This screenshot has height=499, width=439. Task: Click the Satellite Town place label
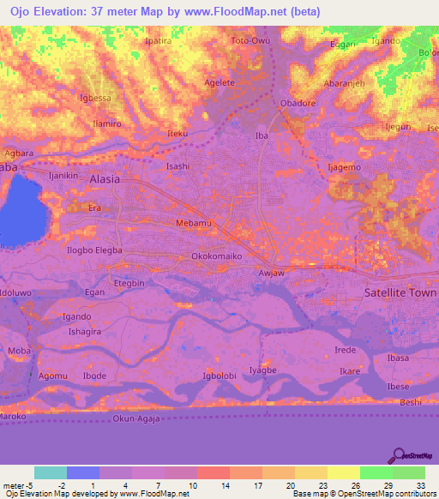point(401,292)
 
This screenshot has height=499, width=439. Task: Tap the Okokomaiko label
point(217,256)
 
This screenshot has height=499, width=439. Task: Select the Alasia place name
point(105,179)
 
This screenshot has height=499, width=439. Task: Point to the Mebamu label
point(169,223)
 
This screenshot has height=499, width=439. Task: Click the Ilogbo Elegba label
point(95,250)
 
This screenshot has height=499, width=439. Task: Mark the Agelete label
point(218,82)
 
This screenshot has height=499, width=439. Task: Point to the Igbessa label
point(95,98)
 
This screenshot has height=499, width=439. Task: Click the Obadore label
point(298,104)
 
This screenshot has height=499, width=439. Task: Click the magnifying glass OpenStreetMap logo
point(398,455)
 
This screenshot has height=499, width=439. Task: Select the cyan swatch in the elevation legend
point(51,472)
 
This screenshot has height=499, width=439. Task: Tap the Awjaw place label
point(271,274)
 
